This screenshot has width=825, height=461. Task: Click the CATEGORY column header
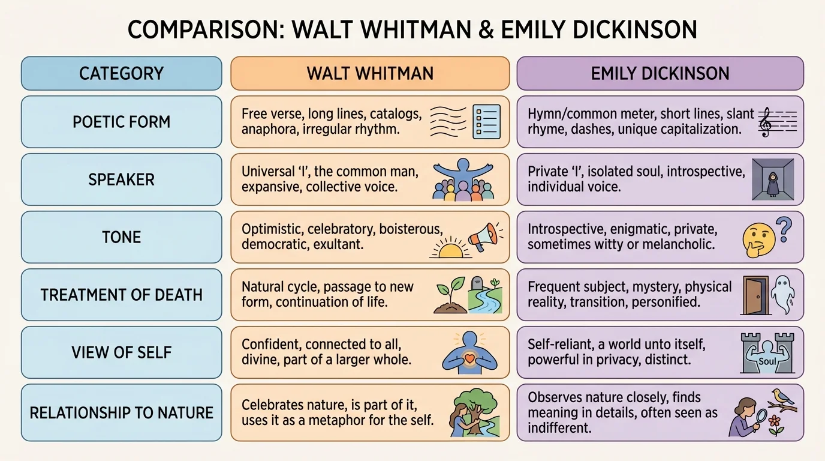click(x=121, y=73)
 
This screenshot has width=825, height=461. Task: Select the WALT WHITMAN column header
click(x=370, y=73)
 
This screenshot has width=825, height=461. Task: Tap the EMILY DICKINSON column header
click(x=660, y=73)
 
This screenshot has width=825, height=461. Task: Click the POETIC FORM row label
click(x=121, y=122)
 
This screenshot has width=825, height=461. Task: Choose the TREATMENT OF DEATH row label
click(x=121, y=295)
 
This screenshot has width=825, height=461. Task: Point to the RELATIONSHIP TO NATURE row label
click(x=121, y=413)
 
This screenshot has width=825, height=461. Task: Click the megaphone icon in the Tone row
click(x=484, y=237)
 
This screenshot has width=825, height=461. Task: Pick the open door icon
click(x=755, y=295)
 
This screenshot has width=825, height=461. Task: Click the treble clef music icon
click(x=765, y=122)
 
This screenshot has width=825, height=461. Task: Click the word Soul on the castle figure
click(x=767, y=362)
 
